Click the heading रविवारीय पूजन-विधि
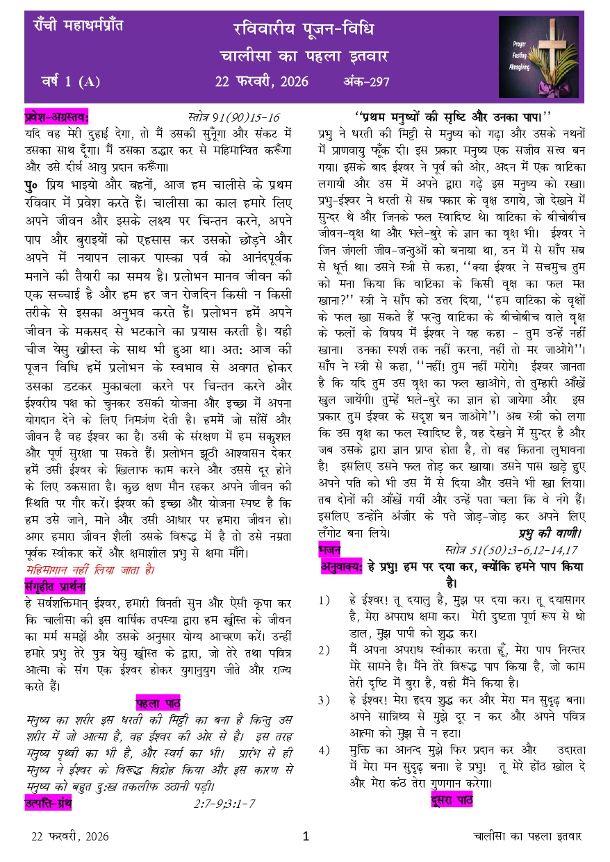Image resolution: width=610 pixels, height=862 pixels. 304,29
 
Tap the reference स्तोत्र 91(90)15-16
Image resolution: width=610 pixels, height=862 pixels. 233,116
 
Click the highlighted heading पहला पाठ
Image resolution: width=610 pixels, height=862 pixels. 158,702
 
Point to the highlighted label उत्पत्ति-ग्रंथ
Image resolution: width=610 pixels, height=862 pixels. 48,804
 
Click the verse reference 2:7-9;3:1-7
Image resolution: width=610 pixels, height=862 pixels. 224,804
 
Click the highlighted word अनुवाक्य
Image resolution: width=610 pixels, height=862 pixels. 342,567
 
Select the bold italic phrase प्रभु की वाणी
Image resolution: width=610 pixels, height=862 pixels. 550,533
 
